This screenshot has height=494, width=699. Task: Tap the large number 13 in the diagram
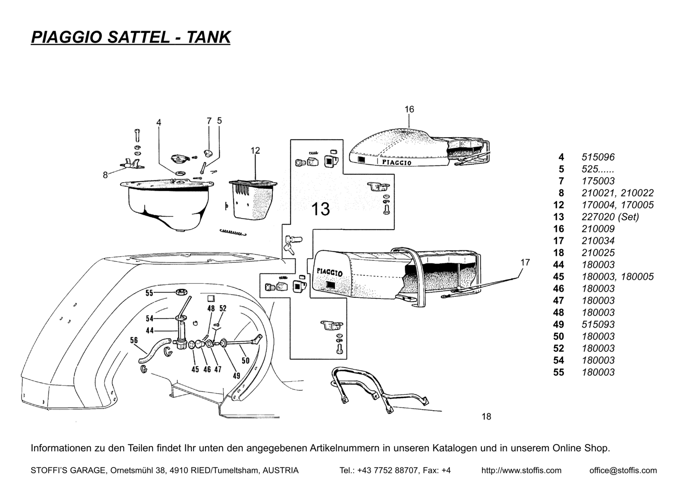tap(320, 209)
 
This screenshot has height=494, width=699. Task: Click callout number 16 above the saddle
tap(409, 110)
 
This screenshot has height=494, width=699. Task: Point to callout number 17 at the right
tap(525, 262)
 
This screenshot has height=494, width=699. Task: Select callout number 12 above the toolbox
tap(255, 151)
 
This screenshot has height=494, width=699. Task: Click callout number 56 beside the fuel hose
tap(134, 340)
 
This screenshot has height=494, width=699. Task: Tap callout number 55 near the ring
tap(149, 293)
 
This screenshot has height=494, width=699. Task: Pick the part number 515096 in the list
tap(598, 157)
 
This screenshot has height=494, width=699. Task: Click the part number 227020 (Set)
tap(610, 217)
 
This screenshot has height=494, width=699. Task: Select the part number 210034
tap(598, 241)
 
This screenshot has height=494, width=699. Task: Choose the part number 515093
tap(598, 324)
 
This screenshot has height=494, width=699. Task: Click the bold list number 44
tap(559, 265)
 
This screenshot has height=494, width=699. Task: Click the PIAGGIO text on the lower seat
tap(330, 273)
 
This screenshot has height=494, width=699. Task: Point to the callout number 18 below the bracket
tap(486, 417)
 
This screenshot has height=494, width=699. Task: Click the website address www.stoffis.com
tap(521, 471)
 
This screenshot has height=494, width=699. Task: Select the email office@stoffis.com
tap(623, 471)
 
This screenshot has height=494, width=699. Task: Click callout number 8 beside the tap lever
tap(105, 175)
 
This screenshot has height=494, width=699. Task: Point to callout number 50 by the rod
tap(245, 361)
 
